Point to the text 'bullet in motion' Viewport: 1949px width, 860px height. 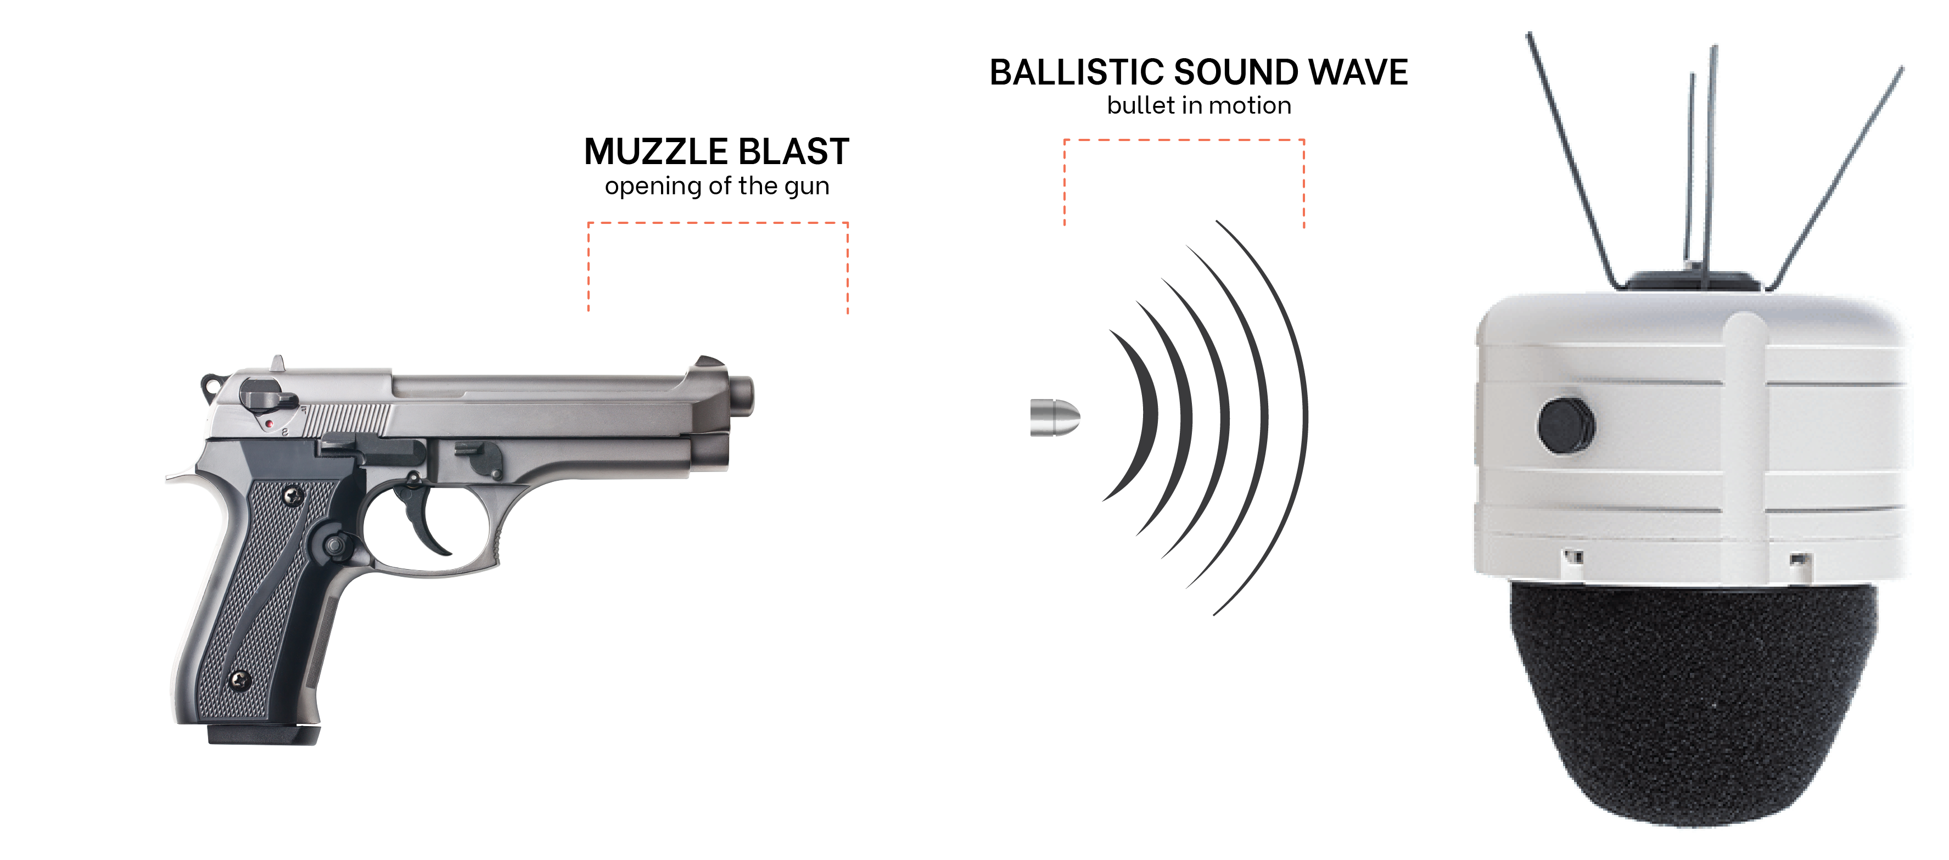click(x=1198, y=106)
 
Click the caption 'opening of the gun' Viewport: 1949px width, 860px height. click(x=716, y=186)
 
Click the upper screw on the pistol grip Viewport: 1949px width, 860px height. click(x=293, y=496)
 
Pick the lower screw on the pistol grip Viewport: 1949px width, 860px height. click(x=240, y=679)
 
